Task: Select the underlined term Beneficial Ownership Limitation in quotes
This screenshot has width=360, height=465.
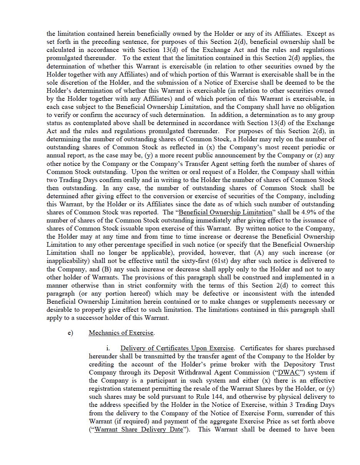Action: (x=226, y=212)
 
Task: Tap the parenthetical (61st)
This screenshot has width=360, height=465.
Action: (x=211, y=261)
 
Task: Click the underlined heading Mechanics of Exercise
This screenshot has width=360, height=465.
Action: (x=121, y=333)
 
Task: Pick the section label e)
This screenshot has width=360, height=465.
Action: (x=70, y=333)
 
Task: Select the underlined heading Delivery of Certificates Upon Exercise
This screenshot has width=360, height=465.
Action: (x=177, y=348)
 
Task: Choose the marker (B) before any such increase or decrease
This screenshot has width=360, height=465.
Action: (x=106, y=269)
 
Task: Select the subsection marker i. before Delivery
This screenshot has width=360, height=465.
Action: (x=109, y=348)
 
